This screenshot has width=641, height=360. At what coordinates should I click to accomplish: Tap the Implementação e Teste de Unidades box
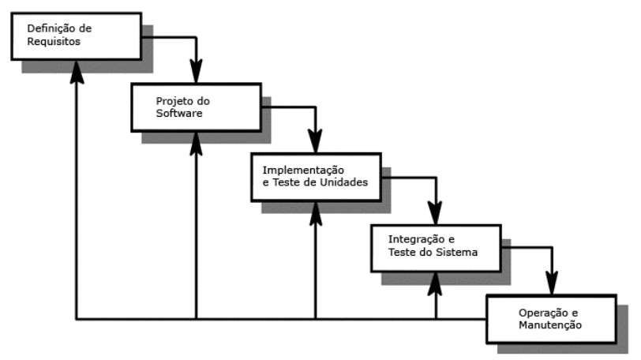[x=314, y=176]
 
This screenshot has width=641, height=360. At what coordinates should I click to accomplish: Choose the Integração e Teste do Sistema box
[x=435, y=245]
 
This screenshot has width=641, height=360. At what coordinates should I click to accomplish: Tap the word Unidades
[x=344, y=182]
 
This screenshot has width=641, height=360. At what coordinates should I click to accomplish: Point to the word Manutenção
[x=551, y=324]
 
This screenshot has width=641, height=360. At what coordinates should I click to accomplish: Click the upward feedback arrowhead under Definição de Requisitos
[x=76, y=70]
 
